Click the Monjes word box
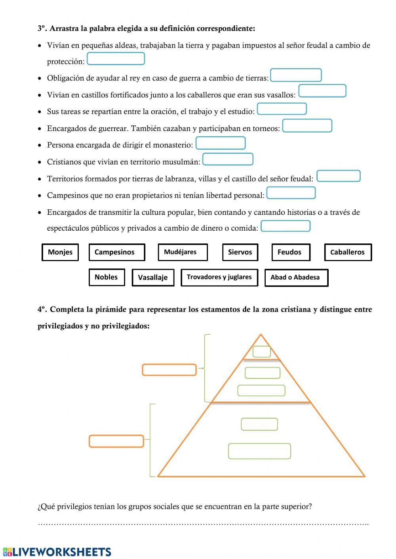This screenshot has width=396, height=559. [60, 252]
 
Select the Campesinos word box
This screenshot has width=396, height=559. [117, 252]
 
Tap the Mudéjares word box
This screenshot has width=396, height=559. [183, 252]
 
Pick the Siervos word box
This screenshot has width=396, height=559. [240, 252]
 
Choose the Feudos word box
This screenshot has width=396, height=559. [291, 252]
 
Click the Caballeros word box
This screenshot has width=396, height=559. [348, 252]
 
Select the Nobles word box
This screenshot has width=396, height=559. [107, 277]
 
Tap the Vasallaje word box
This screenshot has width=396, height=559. [153, 278]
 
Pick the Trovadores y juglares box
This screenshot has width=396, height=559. [219, 277]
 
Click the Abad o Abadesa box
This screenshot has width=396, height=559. [296, 278]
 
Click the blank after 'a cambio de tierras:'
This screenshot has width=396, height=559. [296, 75]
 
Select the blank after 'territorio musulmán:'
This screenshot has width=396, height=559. [228, 159]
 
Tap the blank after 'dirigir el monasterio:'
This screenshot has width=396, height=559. [221, 143]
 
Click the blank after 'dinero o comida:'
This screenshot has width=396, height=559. [286, 226]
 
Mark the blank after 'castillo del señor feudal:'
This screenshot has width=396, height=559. [339, 176]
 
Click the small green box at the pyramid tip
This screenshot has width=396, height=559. [262, 352]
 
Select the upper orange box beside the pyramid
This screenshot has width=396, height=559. [169, 370]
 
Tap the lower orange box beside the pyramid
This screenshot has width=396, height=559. [116, 441]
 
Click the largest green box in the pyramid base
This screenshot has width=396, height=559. [259, 451]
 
